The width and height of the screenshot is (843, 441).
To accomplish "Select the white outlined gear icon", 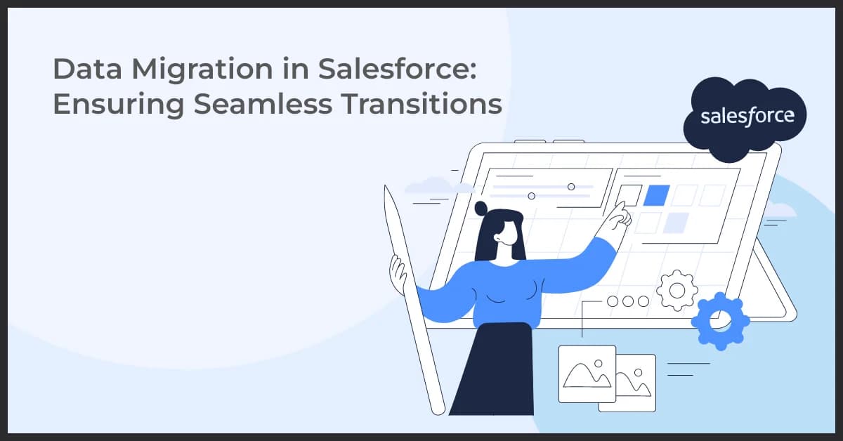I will point(677,289).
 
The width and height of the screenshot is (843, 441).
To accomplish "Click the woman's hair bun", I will point(481,208).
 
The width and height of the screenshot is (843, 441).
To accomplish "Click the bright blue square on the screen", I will point(657,196).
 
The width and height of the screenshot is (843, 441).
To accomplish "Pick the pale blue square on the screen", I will point(676,222).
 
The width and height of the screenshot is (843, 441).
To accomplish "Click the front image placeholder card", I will point(587,374).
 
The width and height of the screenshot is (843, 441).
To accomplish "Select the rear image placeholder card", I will point(636,383).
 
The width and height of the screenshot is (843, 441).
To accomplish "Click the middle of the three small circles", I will point(627,301).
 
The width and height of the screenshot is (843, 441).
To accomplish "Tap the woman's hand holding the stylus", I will point(398,270).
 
